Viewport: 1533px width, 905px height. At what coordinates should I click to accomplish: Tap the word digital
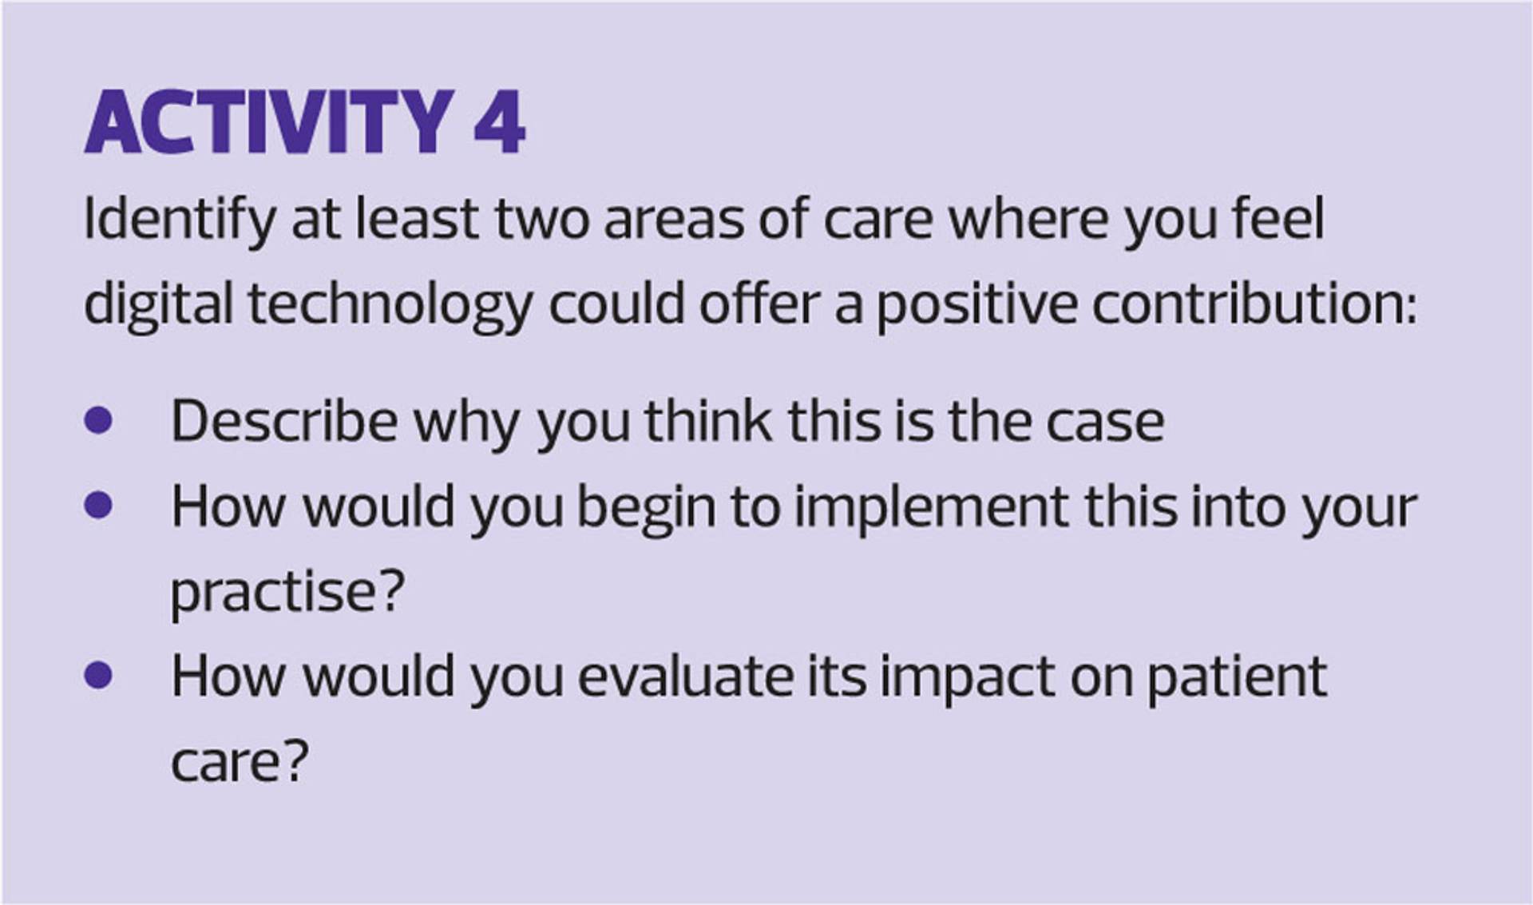tap(158, 306)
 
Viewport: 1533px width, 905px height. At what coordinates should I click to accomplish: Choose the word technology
tap(390, 306)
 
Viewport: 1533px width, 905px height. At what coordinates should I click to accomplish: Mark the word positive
tap(976, 306)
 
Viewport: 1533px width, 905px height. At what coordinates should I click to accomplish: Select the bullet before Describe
tap(98, 420)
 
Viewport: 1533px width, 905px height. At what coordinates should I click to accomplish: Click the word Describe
tap(284, 421)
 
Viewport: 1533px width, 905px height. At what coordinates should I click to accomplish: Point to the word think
tap(708, 420)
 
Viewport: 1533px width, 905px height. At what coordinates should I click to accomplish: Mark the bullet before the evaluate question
tap(98, 676)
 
